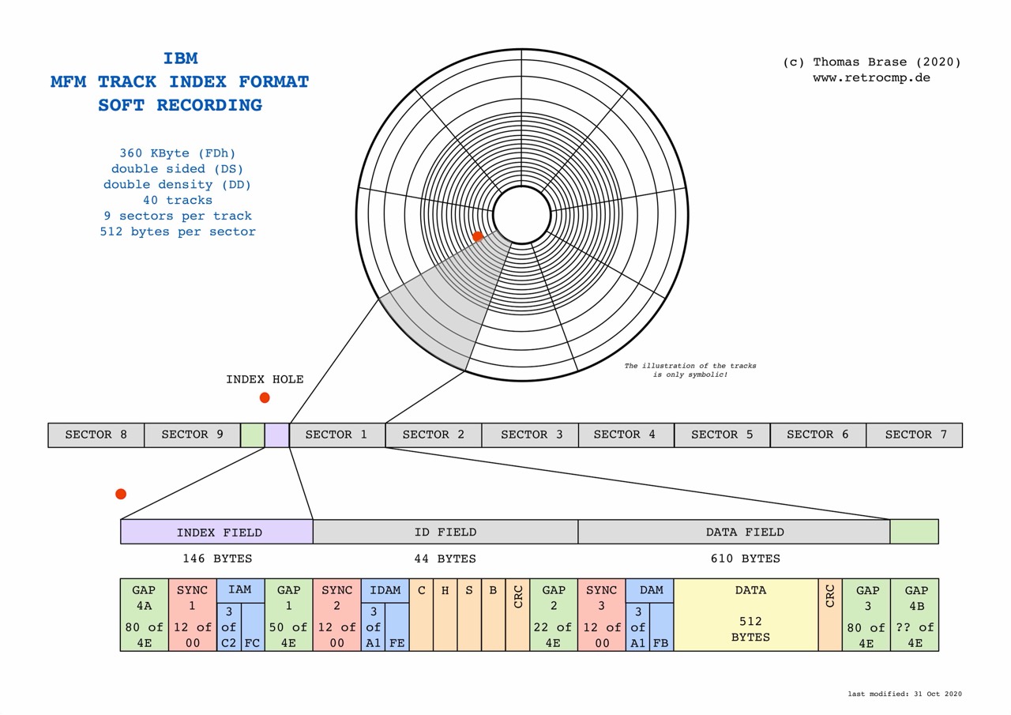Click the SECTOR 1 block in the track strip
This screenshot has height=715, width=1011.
pyautogui.click(x=337, y=435)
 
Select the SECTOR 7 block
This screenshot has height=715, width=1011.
pyautogui.click(x=914, y=435)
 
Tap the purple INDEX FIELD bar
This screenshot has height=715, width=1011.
pyautogui.click(x=216, y=532)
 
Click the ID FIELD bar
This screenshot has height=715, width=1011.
pyautogui.click(x=445, y=532)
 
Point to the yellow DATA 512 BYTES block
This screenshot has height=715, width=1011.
pyautogui.click(x=746, y=615)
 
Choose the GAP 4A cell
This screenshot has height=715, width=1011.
pyautogui.click(x=144, y=615)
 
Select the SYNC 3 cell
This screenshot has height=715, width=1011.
pyautogui.click(x=601, y=615)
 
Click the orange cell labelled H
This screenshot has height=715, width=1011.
pyautogui.click(x=445, y=615)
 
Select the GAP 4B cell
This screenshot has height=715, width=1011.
pyautogui.click(x=915, y=615)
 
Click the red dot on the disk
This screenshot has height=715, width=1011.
pyautogui.click(x=478, y=236)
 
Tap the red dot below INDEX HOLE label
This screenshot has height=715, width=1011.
pyautogui.click(x=265, y=397)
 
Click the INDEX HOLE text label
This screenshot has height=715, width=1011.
pyautogui.click(x=265, y=379)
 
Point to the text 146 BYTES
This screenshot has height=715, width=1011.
pyautogui.click(x=217, y=559)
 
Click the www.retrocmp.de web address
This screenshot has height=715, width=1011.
pyautogui.click(x=871, y=77)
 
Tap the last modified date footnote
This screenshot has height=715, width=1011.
pyautogui.click(x=904, y=694)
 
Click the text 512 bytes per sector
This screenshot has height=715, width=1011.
pyautogui.click(x=178, y=231)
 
